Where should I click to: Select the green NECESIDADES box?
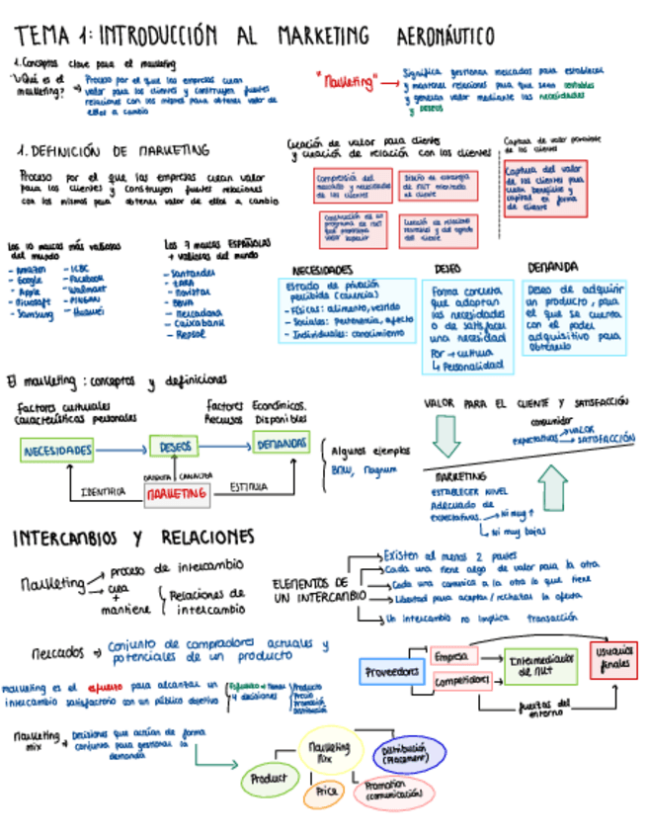tap(58, 451)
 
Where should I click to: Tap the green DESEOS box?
tap(175, 447)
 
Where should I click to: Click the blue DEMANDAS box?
tap(282, 445)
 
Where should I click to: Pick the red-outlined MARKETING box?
tap(177, 491)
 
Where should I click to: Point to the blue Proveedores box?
tap(392, 672)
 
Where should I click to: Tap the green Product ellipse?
tap(268, 779)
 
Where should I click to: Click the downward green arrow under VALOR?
tap(446, 433)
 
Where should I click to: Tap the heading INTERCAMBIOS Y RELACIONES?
tap(133, 538)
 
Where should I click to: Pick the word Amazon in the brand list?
tap(31, 270)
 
